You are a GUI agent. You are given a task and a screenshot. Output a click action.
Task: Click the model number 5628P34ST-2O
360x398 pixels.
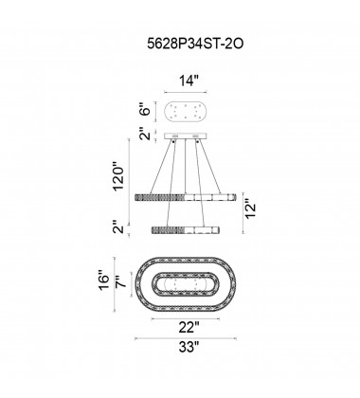tap(195, 44)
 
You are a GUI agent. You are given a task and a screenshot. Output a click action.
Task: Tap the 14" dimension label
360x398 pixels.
tap(189, 81)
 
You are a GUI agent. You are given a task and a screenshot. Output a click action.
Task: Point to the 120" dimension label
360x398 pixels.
tap(119, 176)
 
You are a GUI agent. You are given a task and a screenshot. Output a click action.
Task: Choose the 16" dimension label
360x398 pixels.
tap(104, 280)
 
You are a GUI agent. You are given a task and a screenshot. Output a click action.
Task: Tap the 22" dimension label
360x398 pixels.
tap(189, 327)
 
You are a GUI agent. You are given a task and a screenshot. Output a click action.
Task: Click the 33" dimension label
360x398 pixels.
tap(189, 347)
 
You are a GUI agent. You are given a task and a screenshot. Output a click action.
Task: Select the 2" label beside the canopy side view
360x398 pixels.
tap(147, 134)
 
